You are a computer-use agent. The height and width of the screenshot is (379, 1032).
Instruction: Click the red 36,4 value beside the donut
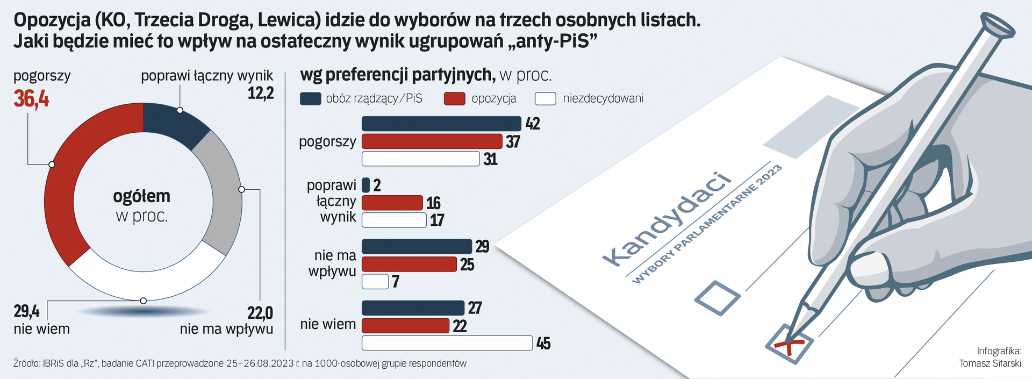click(31, 99)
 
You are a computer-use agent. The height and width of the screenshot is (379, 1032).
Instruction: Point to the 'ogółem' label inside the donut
click(141, 196)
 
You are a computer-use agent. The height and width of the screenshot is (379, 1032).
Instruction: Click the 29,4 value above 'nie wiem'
click(26, 311)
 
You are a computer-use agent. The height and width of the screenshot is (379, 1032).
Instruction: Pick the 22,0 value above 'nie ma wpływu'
click(260, 312)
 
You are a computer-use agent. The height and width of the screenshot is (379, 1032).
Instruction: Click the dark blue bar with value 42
click(441, 124)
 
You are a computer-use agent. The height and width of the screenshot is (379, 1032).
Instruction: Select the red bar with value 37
click(432, 141)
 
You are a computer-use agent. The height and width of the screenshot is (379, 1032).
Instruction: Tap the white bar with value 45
click(447, 343)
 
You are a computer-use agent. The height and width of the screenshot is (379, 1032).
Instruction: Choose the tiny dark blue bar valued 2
click(366, 185)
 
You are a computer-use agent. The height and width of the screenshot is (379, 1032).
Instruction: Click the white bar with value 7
click(375, 281)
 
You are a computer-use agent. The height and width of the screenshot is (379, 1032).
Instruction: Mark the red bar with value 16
click(392, 203)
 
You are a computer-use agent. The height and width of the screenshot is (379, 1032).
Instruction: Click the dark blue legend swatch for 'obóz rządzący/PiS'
click(310, 98)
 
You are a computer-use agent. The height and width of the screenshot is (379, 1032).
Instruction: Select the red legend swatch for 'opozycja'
click(454, 98)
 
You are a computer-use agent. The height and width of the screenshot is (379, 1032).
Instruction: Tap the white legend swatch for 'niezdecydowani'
click(546, 98)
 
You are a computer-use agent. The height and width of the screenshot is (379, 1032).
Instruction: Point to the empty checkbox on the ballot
click(717, 298)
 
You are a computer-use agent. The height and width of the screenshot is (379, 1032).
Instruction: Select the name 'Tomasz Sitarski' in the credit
click(990, 363)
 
